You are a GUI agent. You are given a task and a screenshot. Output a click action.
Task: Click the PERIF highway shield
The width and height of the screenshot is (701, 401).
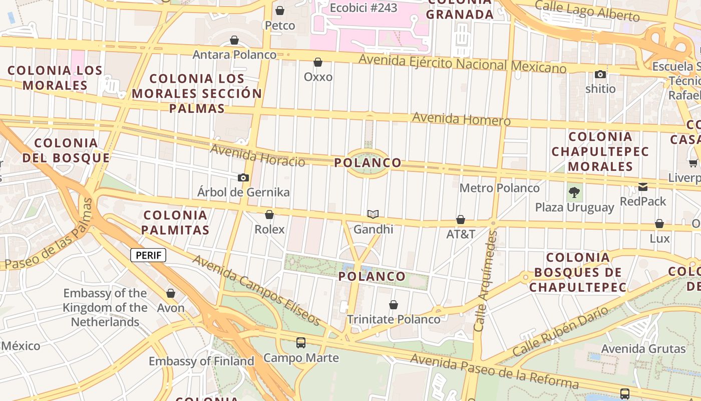148,255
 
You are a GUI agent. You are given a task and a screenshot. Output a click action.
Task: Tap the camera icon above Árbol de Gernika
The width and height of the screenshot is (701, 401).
243,178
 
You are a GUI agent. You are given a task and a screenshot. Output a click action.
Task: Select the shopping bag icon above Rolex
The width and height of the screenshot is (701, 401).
269,215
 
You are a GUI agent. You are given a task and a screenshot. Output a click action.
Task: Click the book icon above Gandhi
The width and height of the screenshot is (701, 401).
373,215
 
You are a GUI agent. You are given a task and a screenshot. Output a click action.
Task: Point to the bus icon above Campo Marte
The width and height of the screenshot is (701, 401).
301,343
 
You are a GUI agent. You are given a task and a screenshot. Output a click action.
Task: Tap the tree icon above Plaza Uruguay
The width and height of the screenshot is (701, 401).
574,192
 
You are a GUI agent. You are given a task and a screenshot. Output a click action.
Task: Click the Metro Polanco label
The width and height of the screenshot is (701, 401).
499,188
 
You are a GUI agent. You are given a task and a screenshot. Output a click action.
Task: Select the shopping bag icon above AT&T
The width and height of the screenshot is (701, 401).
461,220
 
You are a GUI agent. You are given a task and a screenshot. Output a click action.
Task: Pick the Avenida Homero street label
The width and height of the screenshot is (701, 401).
461,119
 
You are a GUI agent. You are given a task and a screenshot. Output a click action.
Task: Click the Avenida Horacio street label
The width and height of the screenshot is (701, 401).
257,155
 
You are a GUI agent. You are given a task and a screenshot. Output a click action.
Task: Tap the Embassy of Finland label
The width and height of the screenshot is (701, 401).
201,361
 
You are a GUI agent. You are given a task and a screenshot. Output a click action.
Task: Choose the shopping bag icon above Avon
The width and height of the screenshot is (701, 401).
171,293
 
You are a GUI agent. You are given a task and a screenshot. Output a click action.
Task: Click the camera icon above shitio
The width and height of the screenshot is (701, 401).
600,75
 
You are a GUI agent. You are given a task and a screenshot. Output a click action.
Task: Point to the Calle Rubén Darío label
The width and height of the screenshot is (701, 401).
560,331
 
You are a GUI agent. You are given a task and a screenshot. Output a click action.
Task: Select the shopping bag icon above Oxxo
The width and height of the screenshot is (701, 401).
318,62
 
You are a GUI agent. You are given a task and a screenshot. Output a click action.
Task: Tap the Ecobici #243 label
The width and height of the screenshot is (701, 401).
364,8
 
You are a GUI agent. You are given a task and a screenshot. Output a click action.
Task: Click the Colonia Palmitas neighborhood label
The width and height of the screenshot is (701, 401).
175,223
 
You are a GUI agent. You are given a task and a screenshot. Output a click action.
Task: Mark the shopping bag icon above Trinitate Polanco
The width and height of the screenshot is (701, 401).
394,305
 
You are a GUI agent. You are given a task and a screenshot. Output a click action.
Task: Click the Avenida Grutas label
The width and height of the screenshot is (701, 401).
643,348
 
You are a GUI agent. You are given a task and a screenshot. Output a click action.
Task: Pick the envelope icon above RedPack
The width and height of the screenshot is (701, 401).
643,187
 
